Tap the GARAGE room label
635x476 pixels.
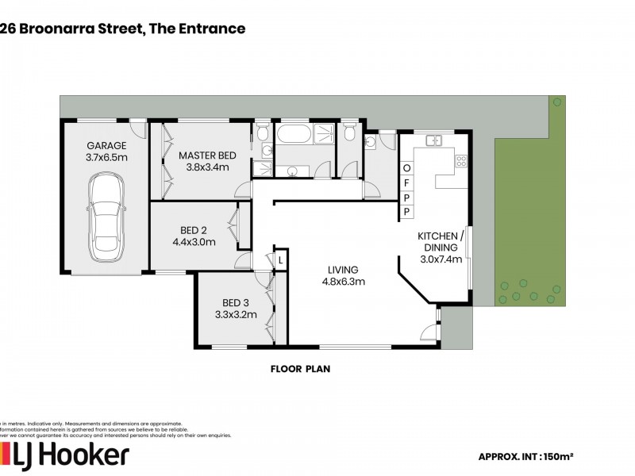tap(106, 145)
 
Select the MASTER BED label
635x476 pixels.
tap(206, 155)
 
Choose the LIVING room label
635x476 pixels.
tap(340, 269)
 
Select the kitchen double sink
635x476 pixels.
tap(433, 141)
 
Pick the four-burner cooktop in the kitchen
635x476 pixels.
tap(460, 161)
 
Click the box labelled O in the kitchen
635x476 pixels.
tap(406, 168)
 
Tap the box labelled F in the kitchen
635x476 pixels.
tap(406, 182)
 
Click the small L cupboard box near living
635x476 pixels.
tap(280, 259)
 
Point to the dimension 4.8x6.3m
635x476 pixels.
tap(340, 281)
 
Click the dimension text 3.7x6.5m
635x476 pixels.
tap(106, 157)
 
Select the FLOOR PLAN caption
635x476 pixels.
tap(300, 368)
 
